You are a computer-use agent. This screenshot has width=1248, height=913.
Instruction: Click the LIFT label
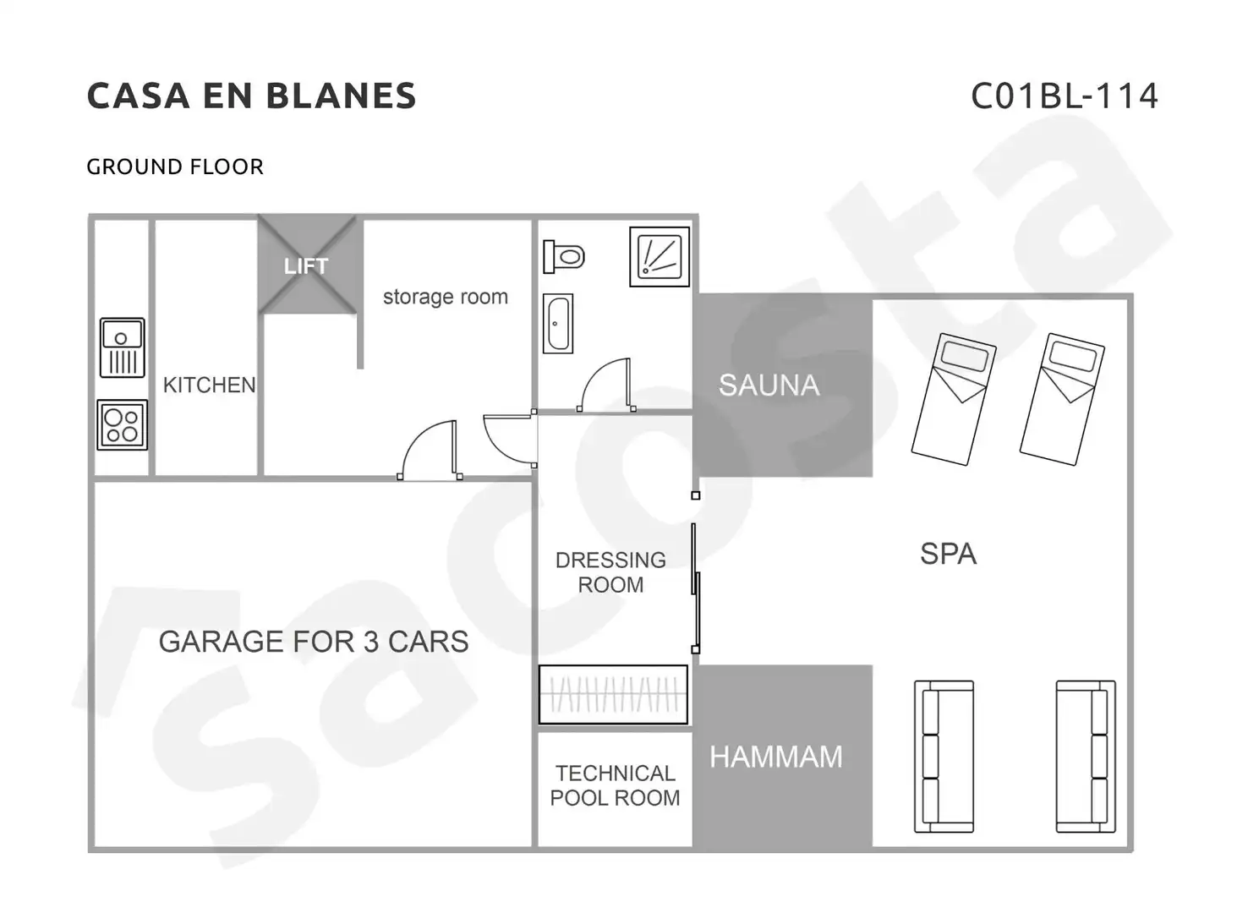(x=306, y=265)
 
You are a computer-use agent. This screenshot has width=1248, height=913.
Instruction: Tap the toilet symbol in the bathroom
(x=563, y=257)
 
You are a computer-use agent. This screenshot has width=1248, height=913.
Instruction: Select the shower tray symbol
(x=660, y=257)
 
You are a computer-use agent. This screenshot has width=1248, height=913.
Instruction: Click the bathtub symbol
(x=558, y=324)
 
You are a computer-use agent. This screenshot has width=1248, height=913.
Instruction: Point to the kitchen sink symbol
(x=122, y=347)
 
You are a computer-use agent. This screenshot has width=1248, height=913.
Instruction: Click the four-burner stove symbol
(x=122, y=424)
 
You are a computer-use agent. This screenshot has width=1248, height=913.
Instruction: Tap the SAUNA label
(x=769, y=385)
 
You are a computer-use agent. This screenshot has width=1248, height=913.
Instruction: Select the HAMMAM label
(x=775, y=757)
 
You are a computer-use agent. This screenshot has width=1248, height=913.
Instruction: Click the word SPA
(x=948, y=554)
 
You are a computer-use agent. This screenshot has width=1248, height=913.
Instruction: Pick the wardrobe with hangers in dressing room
(x=613, y=694)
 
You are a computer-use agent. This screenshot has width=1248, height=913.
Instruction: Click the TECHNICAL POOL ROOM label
(x=615, y=785)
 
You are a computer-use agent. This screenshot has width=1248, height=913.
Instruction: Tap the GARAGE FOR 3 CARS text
(x=314, y=641)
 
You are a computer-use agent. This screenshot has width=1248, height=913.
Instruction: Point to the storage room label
(x=445, y=297)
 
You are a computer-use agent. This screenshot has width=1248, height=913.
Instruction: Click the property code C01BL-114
(x=1065, y=96)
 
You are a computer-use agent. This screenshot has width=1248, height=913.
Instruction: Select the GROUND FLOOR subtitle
(x=175, y=167)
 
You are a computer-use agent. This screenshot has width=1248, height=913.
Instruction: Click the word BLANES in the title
(x=341, y=96)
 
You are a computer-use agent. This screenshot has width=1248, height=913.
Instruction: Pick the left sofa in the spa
(x=944, y=757)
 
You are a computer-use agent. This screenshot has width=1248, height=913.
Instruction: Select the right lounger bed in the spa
(x=1062, y=399)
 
